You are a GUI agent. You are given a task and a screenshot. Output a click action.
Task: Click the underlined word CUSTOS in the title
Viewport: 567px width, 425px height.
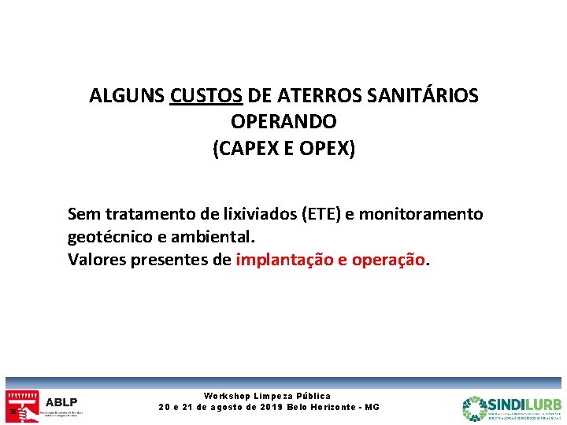[206, 96]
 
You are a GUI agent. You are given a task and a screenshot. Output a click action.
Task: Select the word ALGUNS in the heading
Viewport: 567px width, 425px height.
[126, 96]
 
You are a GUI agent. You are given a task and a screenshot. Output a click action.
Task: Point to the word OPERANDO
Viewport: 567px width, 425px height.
[283, 123]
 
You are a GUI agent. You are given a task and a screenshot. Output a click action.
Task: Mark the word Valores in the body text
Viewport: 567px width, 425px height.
[97, 260]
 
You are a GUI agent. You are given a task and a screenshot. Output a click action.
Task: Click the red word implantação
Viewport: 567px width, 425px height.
[284, 260]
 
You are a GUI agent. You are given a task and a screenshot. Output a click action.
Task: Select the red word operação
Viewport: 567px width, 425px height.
[388, 260]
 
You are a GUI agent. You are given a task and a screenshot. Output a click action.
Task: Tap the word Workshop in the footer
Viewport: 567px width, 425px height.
[227, 396]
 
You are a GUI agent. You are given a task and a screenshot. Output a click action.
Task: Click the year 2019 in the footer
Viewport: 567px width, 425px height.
[272, 407]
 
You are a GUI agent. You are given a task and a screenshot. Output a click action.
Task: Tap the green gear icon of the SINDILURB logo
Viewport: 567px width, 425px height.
[475, 408]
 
